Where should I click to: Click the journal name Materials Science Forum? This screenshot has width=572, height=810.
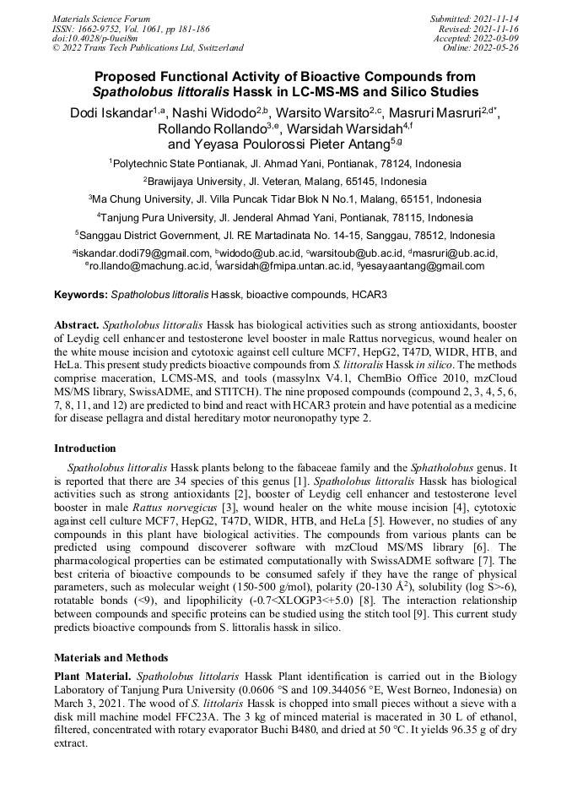tap(101, 18)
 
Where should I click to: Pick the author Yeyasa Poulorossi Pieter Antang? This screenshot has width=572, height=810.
tap(283, 144)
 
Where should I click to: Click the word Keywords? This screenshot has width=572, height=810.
tap(81, 296)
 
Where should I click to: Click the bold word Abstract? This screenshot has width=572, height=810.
tap(77, 324)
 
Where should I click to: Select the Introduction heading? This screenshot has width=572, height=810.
tap(85, 448)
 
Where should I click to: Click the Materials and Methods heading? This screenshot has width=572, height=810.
tap(111, 658)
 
